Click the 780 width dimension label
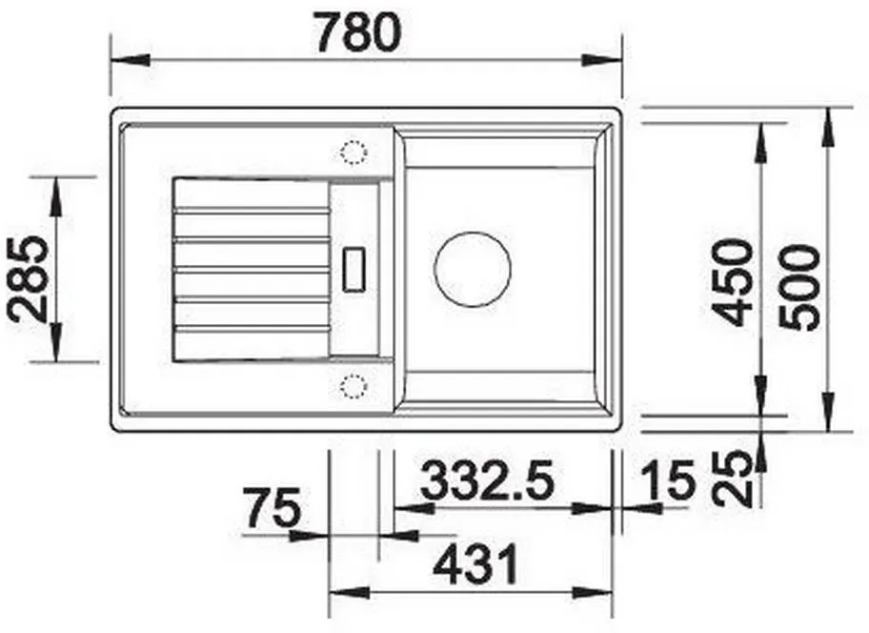[x=357, y=33]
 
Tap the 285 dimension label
[x=27, y=279]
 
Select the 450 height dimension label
[x=734, y=283]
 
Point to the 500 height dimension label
[x=798, y=288]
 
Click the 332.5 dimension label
[x=488, y=480]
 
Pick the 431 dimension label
[x=475, y=564]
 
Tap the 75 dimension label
[x=273, y=507]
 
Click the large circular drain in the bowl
[x=473, y=270]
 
